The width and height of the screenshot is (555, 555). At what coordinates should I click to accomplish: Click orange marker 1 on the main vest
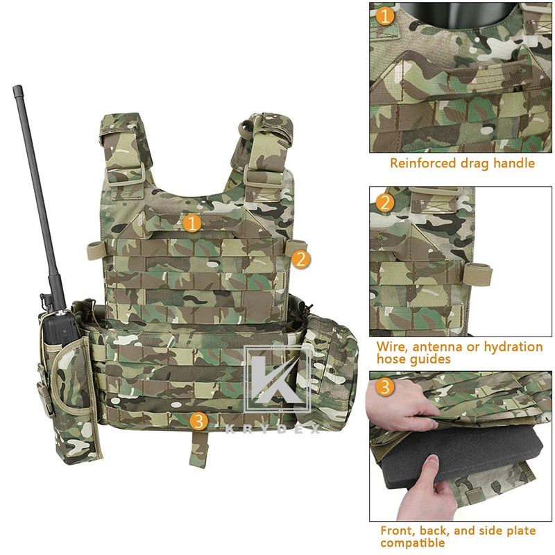click(x=193, y=223)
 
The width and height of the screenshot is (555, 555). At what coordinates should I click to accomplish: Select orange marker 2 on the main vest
click(x=300, y=259)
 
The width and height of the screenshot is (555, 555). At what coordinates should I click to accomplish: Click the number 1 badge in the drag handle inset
click(x=386, y=15)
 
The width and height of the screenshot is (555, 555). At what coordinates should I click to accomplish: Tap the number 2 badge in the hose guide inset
click(x=386, y=202)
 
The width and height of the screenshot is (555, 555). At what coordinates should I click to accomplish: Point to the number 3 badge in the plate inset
click(x=386, y=387)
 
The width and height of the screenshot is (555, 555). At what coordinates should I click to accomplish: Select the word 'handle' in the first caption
click(x=513, y=164)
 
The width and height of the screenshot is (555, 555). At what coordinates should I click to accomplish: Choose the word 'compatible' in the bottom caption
click(x=413, y=543)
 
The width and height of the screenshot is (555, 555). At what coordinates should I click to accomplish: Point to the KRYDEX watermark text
click(x=275, y=429)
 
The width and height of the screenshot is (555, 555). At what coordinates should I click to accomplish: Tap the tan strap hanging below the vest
click(x=200, y=448)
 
